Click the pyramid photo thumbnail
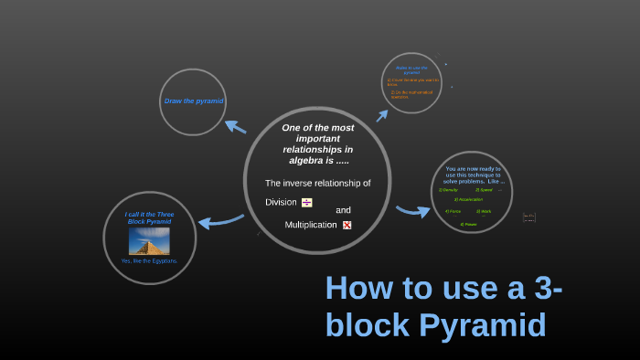tap(149, 240)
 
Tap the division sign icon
tap(307, 202)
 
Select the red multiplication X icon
tap(347, 225)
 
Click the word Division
tap(281, 202)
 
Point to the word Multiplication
tap(311, 225)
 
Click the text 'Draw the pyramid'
tap(193, 101)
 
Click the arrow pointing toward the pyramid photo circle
tap(219, 220)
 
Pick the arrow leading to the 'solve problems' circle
tap(413, 211)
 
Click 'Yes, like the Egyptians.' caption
tap(149, 261)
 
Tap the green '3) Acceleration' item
tap(469, 199)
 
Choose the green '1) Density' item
tap(449, 189)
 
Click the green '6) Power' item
tap(468, 223)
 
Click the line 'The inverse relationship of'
tap(317, 183)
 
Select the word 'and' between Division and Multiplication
tap(343, 210)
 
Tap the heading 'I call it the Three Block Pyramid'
tap(149, 217)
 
